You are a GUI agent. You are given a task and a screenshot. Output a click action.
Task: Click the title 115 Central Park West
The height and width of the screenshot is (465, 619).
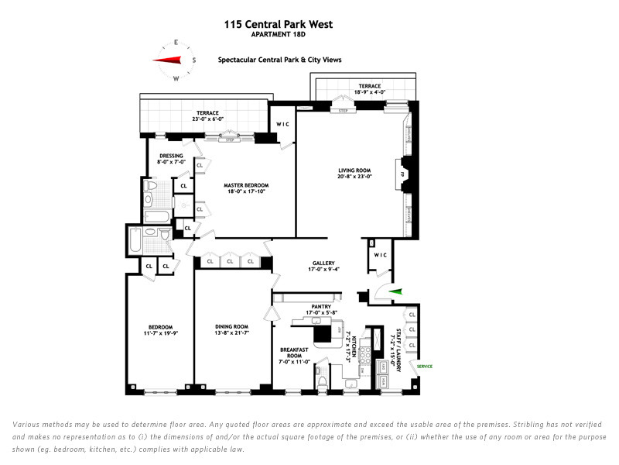(x=279, y=24)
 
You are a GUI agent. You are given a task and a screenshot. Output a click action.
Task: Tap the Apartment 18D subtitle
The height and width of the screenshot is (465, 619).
(x=279, y=35)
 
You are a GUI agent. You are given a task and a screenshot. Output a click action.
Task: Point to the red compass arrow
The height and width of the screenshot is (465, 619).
(x=167, y=60)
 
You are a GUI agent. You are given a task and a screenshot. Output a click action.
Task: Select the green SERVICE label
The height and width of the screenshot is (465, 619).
(x=425, y=366)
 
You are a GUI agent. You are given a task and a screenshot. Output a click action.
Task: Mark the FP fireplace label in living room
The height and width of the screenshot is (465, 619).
(x=402, y=174)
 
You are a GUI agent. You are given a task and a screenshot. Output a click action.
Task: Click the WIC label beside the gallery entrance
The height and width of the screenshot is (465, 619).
(x=379, y=255)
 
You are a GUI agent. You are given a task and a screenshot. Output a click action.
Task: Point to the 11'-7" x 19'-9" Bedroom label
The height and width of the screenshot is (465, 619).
(x=160, y=330)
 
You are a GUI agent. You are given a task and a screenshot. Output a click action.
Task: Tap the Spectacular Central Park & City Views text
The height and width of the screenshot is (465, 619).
(x=279, y=60)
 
